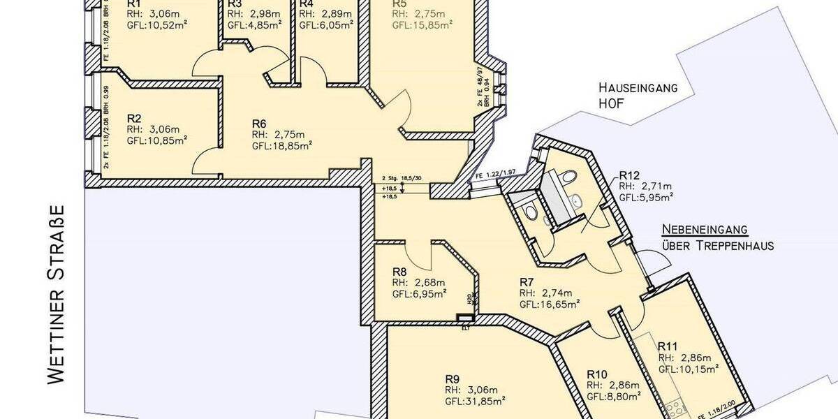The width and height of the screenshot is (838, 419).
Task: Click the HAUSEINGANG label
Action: click(638, 88)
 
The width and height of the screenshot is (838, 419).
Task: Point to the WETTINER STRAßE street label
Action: click(57, 294)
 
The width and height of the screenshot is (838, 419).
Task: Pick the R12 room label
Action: click(629, 175)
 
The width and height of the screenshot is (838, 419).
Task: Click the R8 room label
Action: click(399, 272)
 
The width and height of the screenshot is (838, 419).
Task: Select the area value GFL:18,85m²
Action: click(282, 146)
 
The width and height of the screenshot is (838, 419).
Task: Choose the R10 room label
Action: click(598, 374)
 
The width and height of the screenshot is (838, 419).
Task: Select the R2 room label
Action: click(135, 118)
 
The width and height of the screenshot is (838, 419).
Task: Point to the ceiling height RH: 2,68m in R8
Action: click(418, 283)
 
